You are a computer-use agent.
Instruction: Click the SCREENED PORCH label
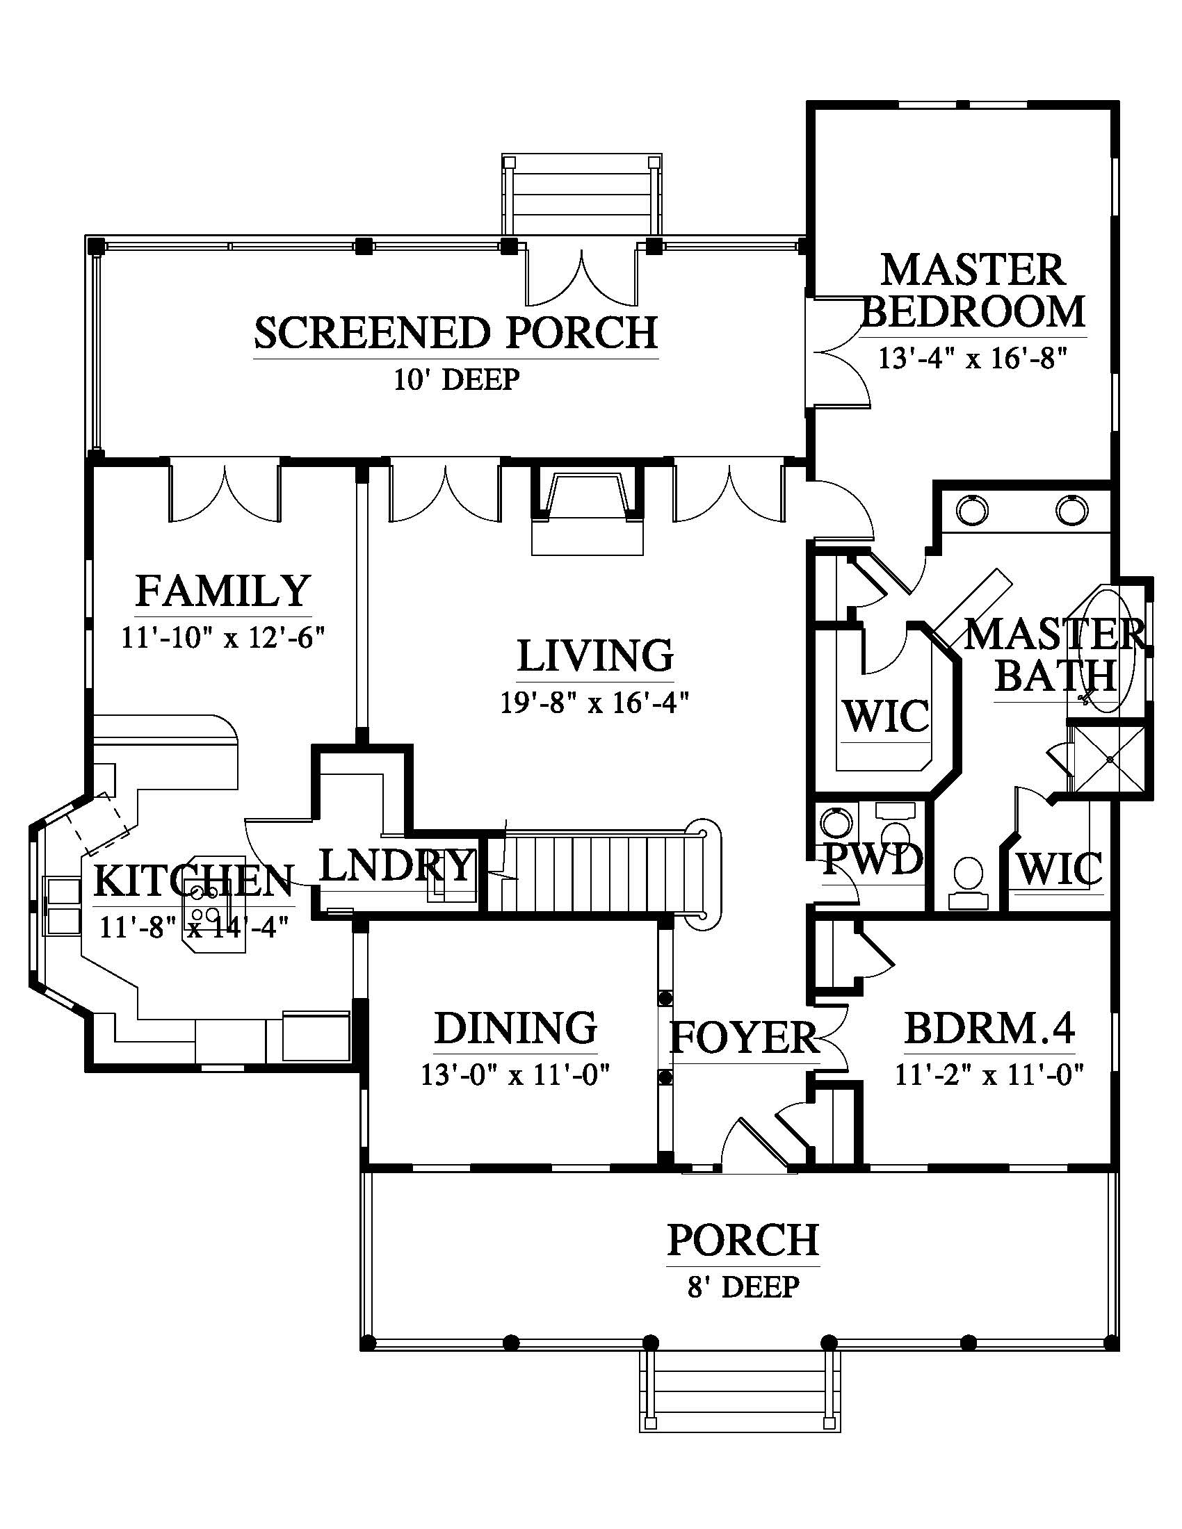(456, 332)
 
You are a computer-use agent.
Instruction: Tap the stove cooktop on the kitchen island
(204, 902)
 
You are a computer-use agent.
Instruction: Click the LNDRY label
(396, 865)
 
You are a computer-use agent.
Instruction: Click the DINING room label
(516, 1028)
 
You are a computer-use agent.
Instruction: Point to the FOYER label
(744, 1038)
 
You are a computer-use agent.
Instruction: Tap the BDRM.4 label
(989, 1029)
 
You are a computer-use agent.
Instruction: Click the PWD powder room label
(873, 859)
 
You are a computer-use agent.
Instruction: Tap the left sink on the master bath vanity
(971, 509)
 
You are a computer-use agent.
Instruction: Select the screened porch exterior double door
(581, 276)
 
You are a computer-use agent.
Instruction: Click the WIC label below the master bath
(1059, 869)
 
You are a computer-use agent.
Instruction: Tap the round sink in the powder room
(838, 824)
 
